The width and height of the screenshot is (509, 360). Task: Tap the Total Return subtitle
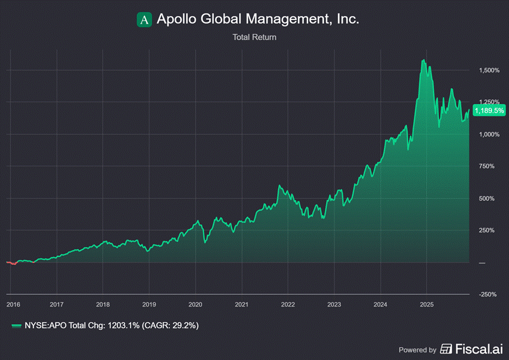(x=254, y=37)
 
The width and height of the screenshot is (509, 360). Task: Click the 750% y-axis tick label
(x=484, y=166)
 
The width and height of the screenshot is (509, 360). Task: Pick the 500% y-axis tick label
(x=484, y=198)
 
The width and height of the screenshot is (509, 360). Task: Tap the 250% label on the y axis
(x=484, y=230)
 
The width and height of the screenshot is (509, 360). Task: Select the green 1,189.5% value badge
(x=489, y=110)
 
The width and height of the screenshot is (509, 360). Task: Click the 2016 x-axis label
(x=13, y=304)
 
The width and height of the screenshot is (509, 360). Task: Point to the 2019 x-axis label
(x=149, y=304)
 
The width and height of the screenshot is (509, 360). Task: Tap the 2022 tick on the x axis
(x=288, y=304)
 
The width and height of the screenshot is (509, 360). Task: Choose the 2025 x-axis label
(x=427, y=304)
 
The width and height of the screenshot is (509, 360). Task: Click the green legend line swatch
(x=19, y=325)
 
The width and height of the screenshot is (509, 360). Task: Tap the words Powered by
(x=417, y=349)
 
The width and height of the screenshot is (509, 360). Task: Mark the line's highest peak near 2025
(x=423, y=60)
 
